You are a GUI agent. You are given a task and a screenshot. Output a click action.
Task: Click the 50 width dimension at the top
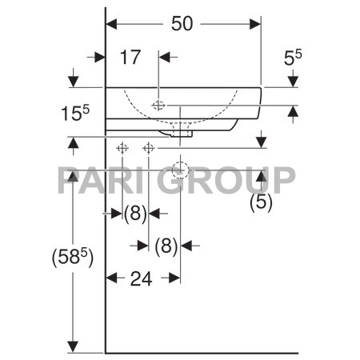(x=182, y=25)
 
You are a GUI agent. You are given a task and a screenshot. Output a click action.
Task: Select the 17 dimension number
(x=131, y=57)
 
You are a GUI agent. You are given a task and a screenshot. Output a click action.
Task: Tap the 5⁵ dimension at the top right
(x=292, y=58)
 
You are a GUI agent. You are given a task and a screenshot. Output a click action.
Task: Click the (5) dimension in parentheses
(x=261, y=202)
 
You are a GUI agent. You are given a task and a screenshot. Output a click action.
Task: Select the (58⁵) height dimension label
(x=72, y=258)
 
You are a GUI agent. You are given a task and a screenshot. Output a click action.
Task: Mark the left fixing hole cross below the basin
(x=122, y=148)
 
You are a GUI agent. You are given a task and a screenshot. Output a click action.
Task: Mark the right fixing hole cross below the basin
(x=148, y=148)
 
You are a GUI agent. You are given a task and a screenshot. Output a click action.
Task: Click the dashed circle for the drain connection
(x=180, y=169)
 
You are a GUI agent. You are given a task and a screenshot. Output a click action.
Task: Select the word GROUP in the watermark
(x=237, y=179)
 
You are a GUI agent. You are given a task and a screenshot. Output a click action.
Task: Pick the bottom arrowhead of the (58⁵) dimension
(x=74, y=346)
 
